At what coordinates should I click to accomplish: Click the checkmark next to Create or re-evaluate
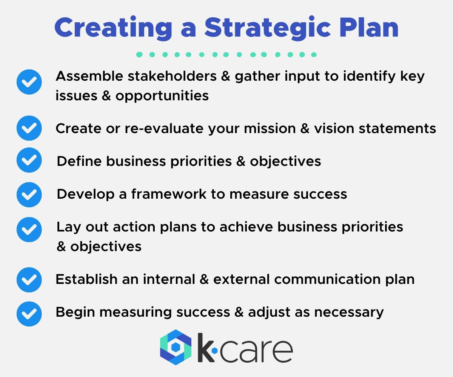tap(29, 128)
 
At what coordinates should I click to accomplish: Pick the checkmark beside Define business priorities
tap(29, 161)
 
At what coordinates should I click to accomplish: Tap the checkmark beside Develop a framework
tap(29, 194)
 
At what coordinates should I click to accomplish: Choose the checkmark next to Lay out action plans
tap(29, 230)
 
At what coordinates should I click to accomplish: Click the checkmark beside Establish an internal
tap(29, 279)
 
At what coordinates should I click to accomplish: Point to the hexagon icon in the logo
tap(176, 347)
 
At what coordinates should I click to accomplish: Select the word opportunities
tap(162, 96)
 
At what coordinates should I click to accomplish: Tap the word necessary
tap(347, 312)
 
